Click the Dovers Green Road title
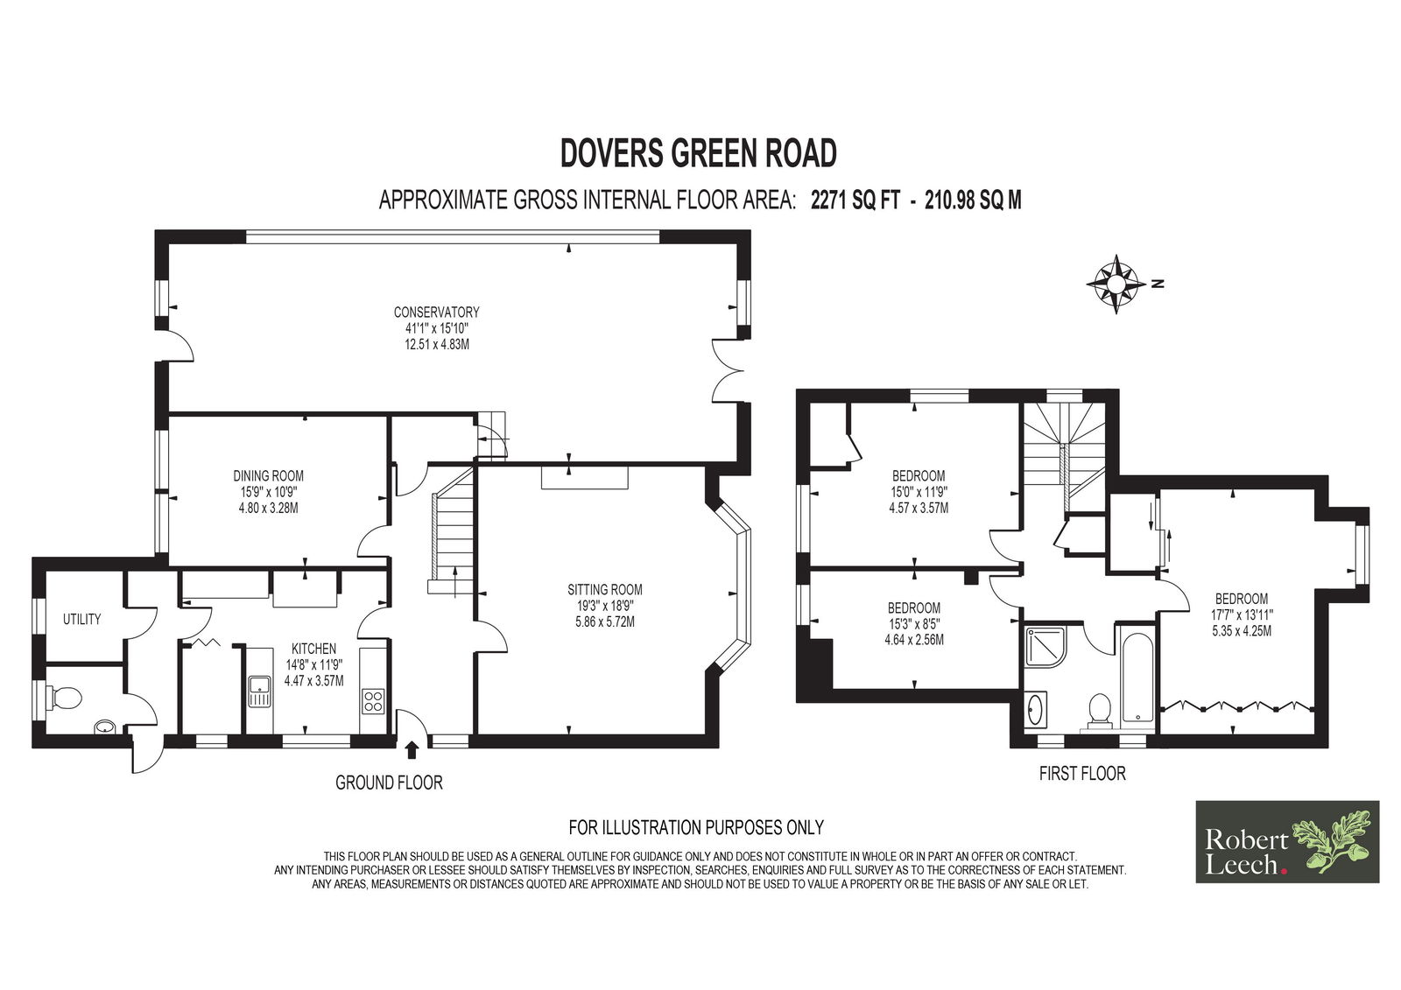[x=698, y=153]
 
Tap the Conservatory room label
[x=436, y=312]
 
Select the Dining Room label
[x=268, y=476]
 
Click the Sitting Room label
[x=605, y=589]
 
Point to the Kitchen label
[x=314, y=649]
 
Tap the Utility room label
[x=81, y=619]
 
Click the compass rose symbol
[x=1116, y=284]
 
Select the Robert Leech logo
[x=1287, y=842]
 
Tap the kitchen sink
[x=259, y=691]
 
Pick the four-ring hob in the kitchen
[x=373, y=701]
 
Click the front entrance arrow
[x=412, y=750]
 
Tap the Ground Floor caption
[x=389, y=783]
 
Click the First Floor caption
[x=1082, y=774]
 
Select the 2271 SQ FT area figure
[x=855, y=200]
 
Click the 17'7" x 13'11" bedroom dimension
[x=1242, y=614]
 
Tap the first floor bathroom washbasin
[x=1036, y=710]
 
